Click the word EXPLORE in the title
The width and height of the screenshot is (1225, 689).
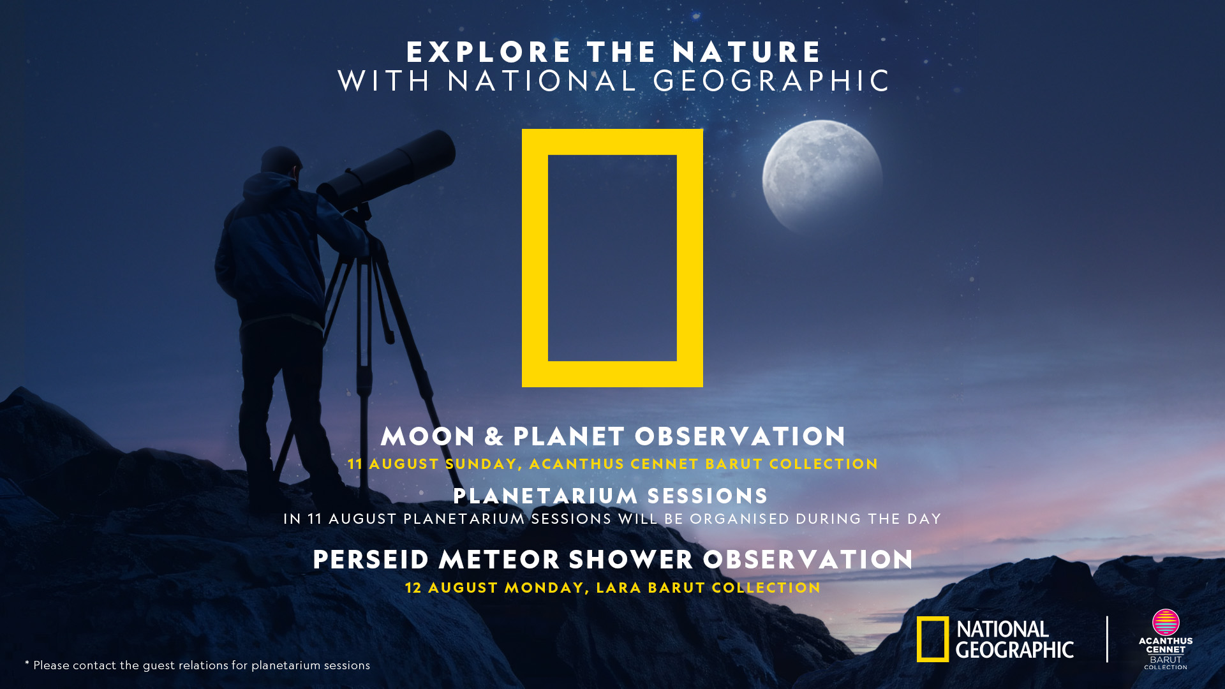[x=489, y=52]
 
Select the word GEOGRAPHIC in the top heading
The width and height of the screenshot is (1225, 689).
[x=771, y=81]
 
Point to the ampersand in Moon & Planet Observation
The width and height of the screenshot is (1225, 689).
[x=494, y=437]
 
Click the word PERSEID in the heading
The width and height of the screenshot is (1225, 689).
[x=371, y=560]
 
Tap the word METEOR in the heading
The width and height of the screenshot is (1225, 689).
[x=499, y=560]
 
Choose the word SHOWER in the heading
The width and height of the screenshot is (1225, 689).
[x=631, y=560]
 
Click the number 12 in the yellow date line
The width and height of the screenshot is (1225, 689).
[x=413, y=588]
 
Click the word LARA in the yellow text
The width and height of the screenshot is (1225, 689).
[x=618, y=588]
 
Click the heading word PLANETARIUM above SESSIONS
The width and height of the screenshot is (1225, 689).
[x=546, y=496]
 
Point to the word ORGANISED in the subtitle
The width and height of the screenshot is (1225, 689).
[x=739, y=519]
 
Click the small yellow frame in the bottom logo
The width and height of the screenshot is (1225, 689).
[x=933, y=639]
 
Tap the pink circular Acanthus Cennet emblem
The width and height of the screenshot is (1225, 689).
[x=1166, y=622]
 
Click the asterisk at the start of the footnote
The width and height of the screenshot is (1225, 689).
[x=27, y=663]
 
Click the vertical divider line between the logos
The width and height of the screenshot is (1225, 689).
[x=1107, y=639]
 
